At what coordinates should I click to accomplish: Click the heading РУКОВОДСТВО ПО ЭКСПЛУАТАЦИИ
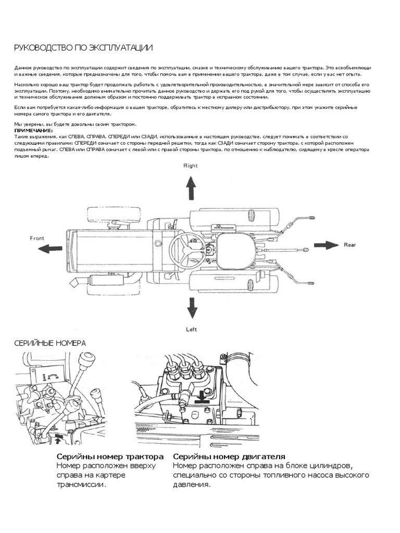coord(83,48)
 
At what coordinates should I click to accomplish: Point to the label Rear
coord(349,244)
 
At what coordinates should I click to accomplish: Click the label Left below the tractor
coord(192,329)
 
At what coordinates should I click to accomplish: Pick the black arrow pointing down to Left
coord(192,308)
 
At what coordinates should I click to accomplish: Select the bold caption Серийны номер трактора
coord(110,456)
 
